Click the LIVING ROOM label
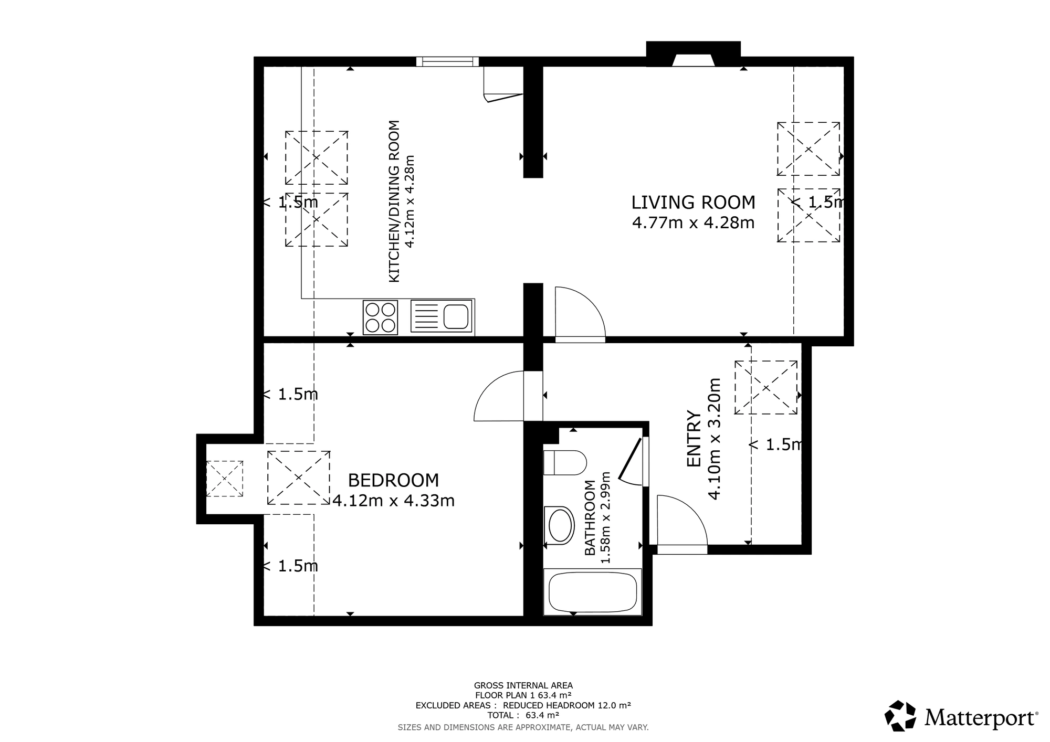point(693,203)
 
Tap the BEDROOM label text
point(393,480)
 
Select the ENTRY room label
point(694,439)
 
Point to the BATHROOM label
point(590,518)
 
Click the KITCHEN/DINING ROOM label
point(394,202)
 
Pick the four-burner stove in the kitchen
point(380,317)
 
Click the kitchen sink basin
point(456,316)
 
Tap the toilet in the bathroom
point(565,462)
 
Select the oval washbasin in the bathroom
point(560,525)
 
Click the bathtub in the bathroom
point(593,592)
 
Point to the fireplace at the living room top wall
point(693,55)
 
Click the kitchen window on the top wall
point(447,61)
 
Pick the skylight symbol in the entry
point(766,388)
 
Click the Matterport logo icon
point(901,716)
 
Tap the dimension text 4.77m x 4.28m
point(693,223)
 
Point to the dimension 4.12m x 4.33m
point(393,501)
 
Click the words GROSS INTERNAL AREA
point(523,685)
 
